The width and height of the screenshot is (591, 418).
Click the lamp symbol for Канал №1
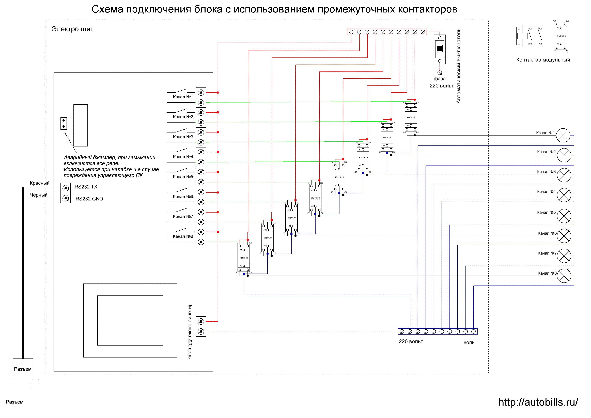tap(563, 135)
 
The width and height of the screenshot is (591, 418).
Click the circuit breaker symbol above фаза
tap(440, 49)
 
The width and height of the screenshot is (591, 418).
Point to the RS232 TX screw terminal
tap(66, 188)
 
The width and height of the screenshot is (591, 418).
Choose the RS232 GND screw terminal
tap(66, 198)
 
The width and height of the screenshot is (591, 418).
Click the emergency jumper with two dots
tap(64, 123)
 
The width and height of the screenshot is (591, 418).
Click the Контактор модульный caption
tap(543, 60)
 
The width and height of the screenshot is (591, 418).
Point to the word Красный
tap(40, 183)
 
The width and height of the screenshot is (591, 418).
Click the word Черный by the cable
tap(39, 195)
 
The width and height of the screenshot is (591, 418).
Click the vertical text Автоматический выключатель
tap(458, 66)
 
